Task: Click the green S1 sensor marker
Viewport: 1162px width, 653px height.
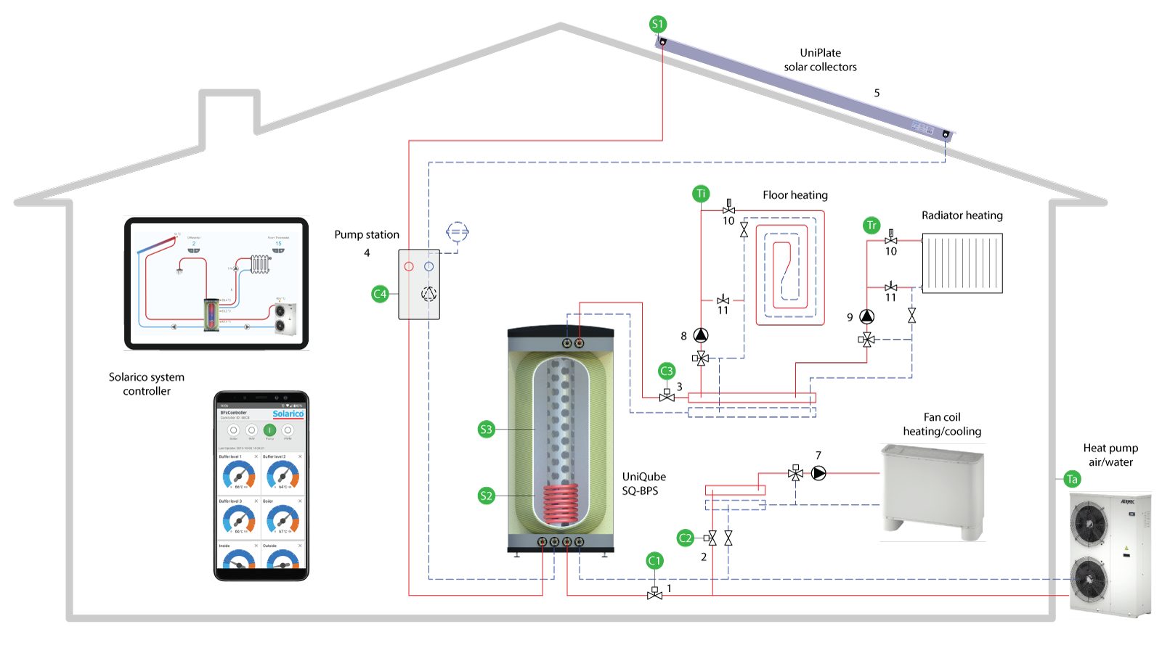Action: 657,24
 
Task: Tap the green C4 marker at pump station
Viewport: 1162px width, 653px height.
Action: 380,294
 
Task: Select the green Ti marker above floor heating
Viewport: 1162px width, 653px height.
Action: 701,194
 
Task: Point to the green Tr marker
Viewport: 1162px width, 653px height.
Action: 871,225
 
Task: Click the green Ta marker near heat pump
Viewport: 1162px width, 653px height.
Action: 1072,479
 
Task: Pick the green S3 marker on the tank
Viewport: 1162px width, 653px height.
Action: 487,430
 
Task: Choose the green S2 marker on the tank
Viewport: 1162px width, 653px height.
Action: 487,496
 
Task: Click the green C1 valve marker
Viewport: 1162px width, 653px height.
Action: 654,560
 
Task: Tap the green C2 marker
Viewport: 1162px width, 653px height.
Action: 685,538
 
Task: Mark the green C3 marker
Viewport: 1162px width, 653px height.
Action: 667,371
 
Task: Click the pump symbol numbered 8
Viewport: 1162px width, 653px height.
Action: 701,335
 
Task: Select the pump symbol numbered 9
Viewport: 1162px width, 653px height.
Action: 867,317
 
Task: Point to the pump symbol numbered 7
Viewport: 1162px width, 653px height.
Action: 818,474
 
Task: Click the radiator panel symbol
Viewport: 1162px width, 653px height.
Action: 962,263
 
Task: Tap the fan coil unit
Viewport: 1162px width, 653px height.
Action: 933,490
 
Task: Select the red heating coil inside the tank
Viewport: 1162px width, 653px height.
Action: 561,504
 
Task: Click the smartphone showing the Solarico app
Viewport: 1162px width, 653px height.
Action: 261,486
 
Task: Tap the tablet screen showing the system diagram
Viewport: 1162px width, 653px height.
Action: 216,283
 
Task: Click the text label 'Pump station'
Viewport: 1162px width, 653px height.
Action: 367,234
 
